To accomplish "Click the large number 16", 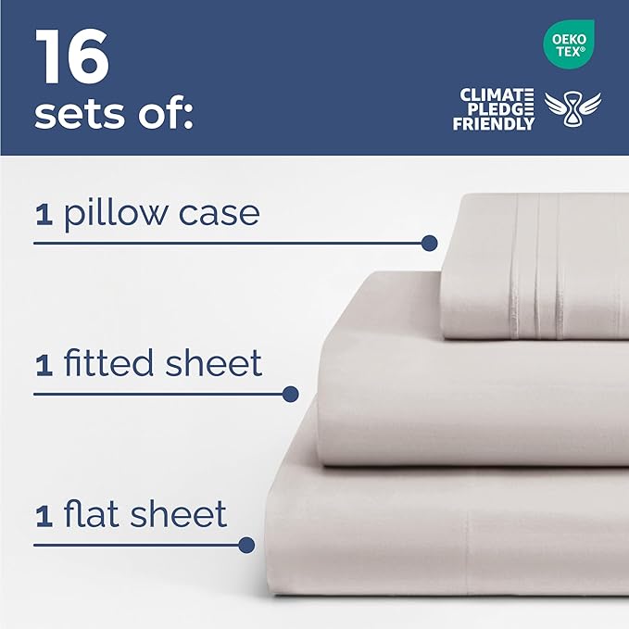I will tap(72, 57).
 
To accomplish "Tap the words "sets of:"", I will tap(113, 116).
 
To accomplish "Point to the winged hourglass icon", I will tap(572, 110).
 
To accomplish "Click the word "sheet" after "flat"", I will tap(183, 514).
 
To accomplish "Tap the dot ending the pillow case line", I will tap(429, 244).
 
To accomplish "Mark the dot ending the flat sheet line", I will tap(246, 545).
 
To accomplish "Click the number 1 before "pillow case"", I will tap(43, 216).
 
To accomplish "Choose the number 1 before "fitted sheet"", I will tap(43, 365).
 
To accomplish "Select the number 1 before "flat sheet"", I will tap(43, 516).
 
